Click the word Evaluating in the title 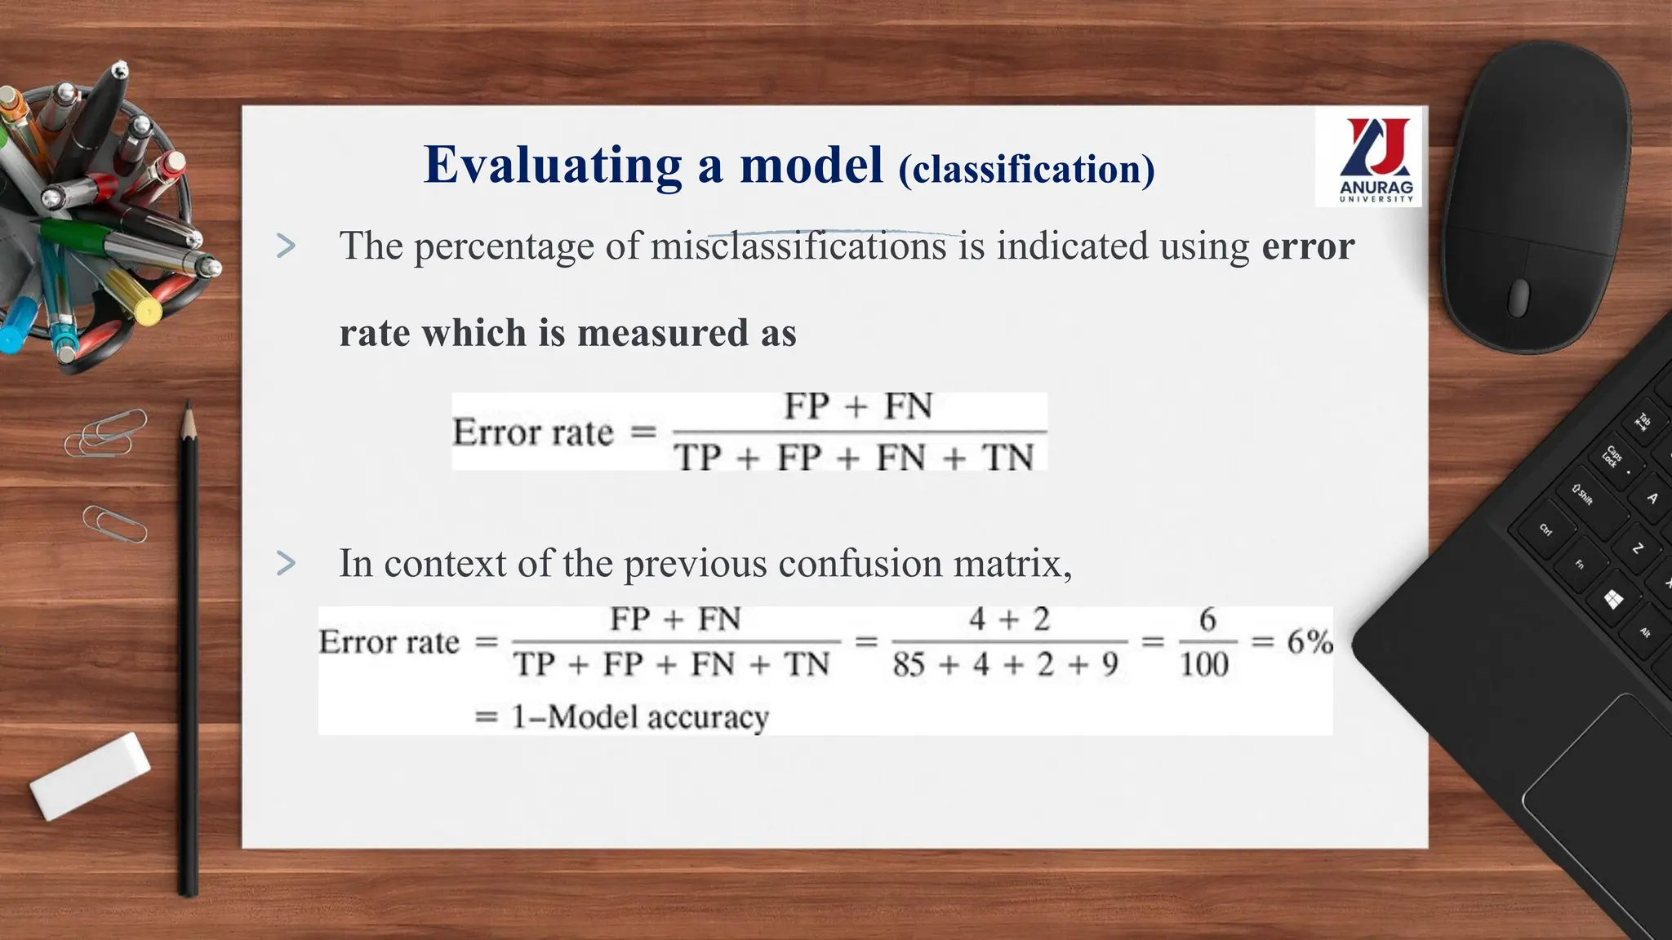click(552, 166)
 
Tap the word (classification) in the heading click(1026, 170)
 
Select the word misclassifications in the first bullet click(798, 246)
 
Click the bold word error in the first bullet click(1308, 246)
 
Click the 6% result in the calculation click(1310, 642)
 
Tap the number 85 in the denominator click(908, 665)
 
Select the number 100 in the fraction click(1203, 665)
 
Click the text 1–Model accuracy click(640, 717)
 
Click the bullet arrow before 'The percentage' click(286, 246)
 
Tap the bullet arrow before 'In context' click(286, 563)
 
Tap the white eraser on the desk click(90, 775)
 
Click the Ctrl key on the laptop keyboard click(1545, 530)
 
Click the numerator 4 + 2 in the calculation click(1009, 620)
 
